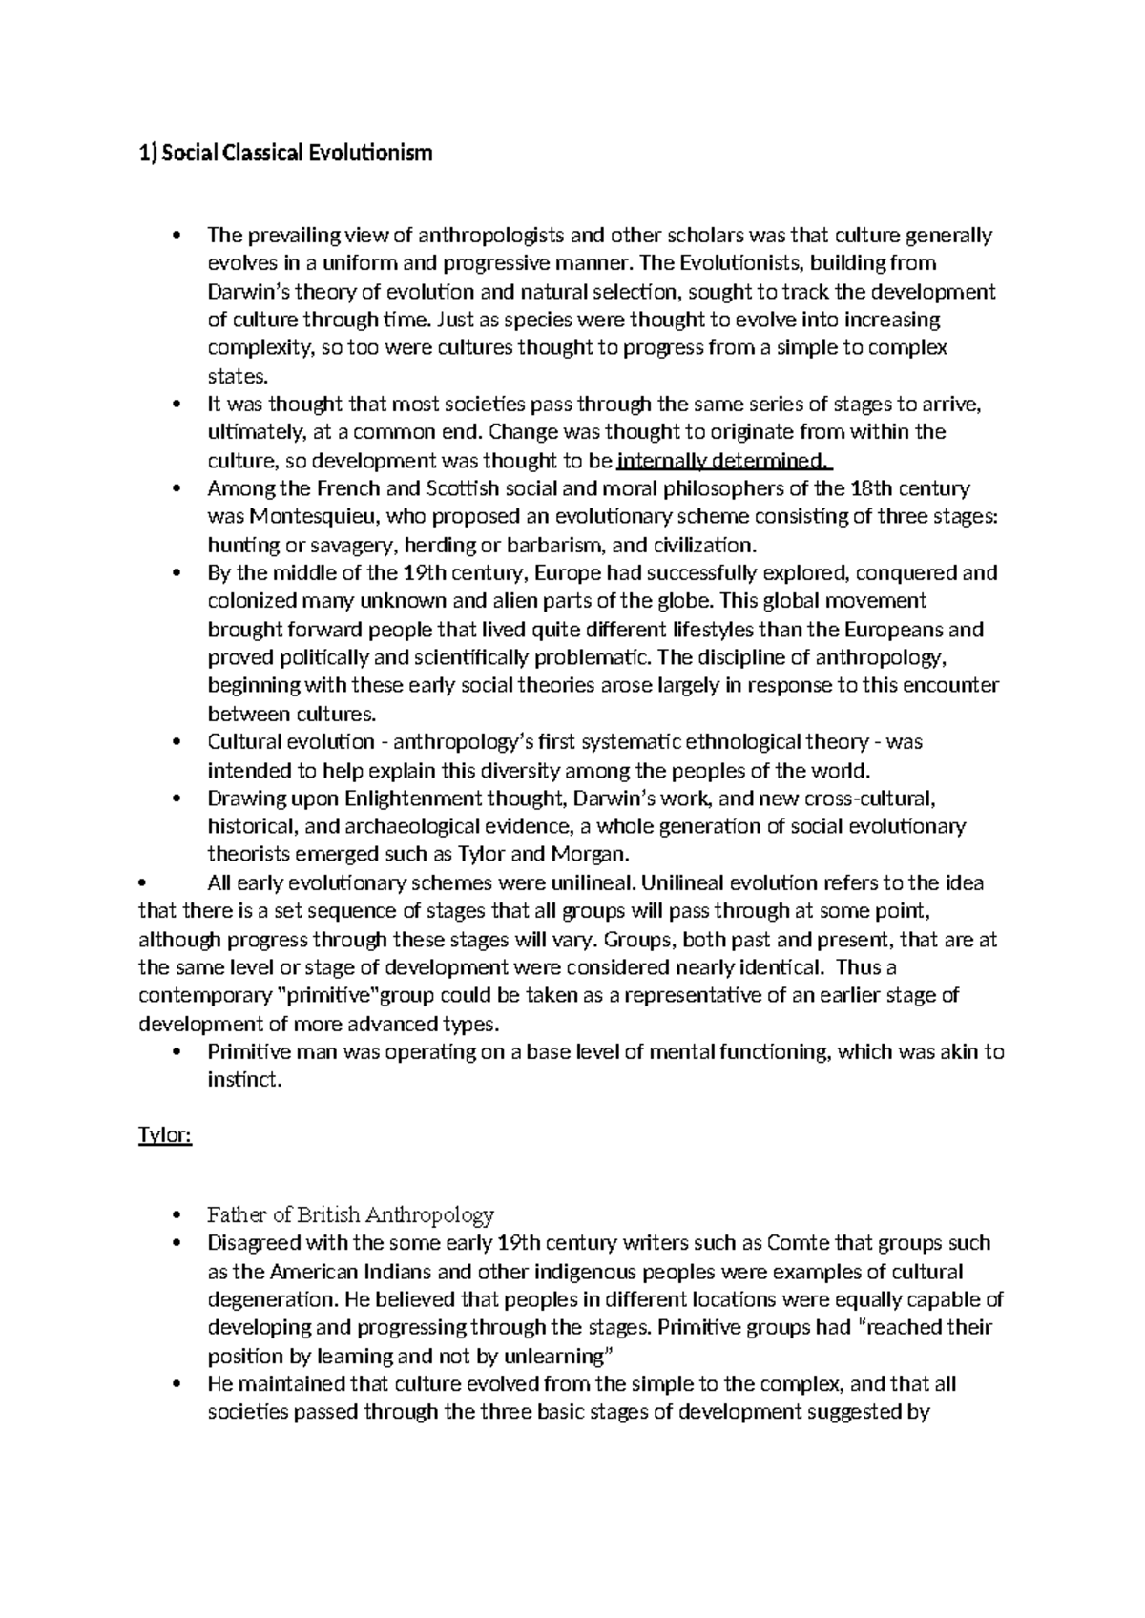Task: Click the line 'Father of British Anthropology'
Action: pos(350,1214)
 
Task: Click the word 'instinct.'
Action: pos(245,1081)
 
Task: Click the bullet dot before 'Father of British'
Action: pos(175,1215)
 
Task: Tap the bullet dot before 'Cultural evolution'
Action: pos(175,742)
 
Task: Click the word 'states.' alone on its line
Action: pos(232,376)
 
